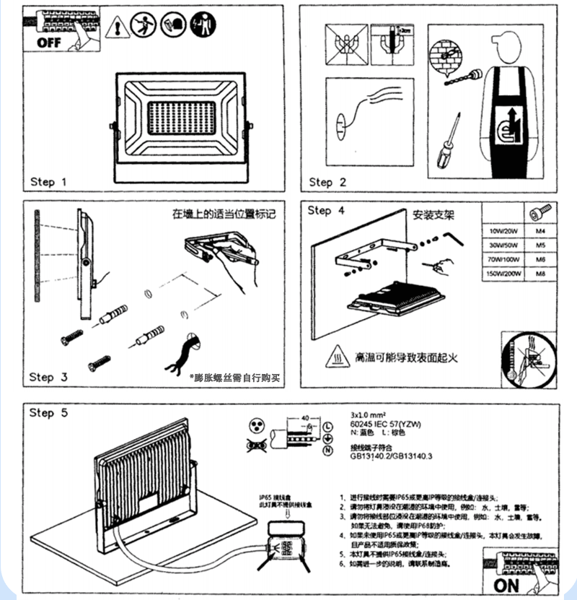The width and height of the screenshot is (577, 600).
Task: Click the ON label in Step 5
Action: (x=508, y=583)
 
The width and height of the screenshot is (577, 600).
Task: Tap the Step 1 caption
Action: (x=48, y=182)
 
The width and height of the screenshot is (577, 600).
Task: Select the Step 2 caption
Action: (x=328, y=182)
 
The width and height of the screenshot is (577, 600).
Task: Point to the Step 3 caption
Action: (x=48, y=377)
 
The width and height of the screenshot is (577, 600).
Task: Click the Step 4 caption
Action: (x=329, y=211)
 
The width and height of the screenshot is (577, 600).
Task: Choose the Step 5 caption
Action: (x=48, y=413)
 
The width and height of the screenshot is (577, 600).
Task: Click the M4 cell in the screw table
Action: (x=540, y=231)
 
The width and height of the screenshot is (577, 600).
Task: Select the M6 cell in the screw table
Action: (x=540, y=260)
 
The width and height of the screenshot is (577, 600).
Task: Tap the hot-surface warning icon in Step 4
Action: (x=338, y=357)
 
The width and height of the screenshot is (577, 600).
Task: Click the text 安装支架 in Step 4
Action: (x=435, y=215)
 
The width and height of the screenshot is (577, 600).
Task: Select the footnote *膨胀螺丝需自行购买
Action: (x=234, y=378)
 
